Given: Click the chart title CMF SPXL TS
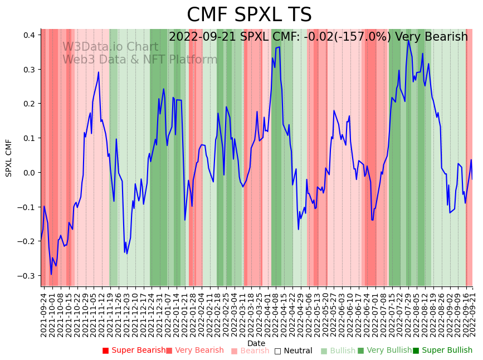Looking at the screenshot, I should (x=249, y=15).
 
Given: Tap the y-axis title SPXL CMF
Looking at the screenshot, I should (x=9, y=158).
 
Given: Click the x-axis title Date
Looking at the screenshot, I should (x=256, y=343).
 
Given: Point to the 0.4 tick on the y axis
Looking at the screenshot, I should (x=29, y=35).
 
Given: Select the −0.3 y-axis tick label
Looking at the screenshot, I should (x=27, y=276).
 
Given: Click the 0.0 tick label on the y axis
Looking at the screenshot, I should (x=29, y=173).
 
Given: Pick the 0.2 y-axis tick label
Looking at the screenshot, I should (x=29, y=104).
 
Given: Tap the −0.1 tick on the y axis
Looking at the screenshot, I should (x=27, y=207).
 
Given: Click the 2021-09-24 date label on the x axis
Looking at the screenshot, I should (x=43, y=315).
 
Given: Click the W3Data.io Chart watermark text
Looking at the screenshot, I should (x=110, y=47).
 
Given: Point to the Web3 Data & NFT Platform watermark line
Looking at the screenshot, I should (x=140, y=60).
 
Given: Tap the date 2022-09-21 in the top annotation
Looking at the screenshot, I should (x=203, y=37).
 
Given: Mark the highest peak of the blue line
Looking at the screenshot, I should (x=408, y=40).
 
